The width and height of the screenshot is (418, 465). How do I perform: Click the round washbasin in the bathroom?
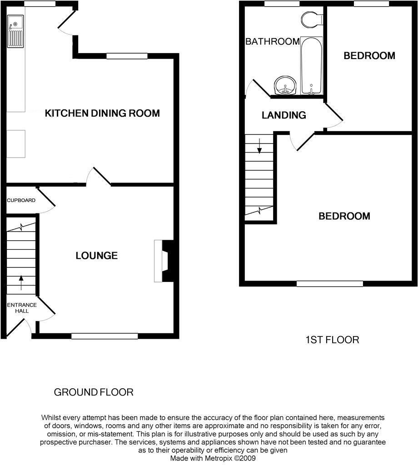coord(285,85)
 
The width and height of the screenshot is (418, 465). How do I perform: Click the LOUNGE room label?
coord(96,256)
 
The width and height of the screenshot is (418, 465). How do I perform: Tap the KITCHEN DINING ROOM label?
coord(102,113)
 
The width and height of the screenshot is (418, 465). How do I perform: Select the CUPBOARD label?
coord(21,200)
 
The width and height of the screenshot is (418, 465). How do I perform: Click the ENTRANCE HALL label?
coord(21,308)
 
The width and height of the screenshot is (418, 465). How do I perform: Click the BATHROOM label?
coord(272,42)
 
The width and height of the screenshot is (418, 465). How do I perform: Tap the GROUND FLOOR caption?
coord(94,392)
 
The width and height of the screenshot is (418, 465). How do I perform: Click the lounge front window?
coord(104,336)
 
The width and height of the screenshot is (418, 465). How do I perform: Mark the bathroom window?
coord(282,4)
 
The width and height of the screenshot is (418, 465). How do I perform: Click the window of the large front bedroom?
coord(330,284)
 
